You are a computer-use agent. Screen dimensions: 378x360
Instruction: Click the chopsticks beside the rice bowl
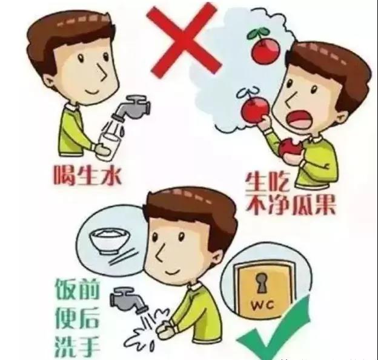tap(124, 257)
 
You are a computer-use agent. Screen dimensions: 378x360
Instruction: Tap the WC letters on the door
tap(263, 305)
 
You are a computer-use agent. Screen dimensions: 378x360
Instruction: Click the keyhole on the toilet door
tap(260, 282)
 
